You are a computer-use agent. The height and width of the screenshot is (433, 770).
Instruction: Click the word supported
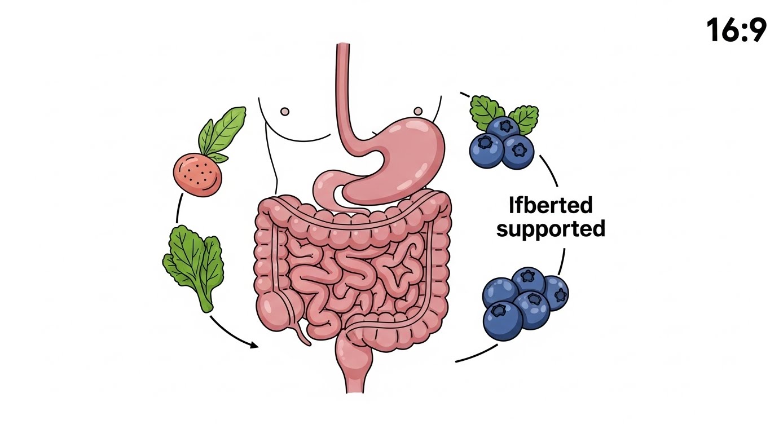click(x=551, y=229)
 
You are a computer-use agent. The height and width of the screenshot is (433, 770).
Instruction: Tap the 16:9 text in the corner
click(x=736, y=29)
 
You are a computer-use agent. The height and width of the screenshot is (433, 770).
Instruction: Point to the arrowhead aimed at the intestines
click(x=254, y=344)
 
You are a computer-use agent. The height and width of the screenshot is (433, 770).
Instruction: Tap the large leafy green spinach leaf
click(x=193, y=265)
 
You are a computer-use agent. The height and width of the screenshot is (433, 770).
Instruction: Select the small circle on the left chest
click(x=285, y=112)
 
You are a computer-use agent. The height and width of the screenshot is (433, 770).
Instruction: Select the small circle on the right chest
click(x=419, y=110)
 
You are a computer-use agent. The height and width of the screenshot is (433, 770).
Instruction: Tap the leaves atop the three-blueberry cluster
click(x=504, y=113)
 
